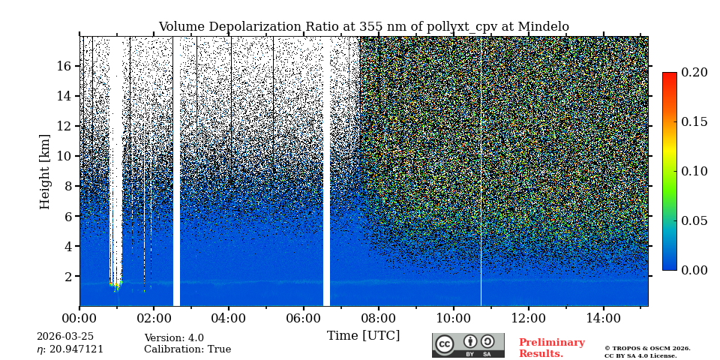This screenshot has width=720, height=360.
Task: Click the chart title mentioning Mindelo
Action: tap(364, 27)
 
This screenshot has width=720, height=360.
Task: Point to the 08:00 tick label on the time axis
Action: tap(378, 318)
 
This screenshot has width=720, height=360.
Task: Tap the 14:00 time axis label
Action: tap(603, 318)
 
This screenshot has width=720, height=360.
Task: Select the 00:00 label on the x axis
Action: tap(79, 318)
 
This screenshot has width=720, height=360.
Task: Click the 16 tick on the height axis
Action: tap(63, 66)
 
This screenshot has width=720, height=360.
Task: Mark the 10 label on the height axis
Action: tap(63, 156)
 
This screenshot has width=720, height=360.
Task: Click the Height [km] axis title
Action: tap(45, 171)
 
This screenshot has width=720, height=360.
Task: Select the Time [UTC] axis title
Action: tap(363, 335)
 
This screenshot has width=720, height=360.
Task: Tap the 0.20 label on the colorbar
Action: tap(694, 72)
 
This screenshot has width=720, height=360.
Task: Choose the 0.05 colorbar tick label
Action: tap(694, 220)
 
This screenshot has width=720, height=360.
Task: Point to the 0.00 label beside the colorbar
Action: tap(694, 270)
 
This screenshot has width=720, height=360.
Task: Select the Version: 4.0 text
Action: tap(174, 338)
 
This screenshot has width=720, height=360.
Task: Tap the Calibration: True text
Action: tap(187, 349)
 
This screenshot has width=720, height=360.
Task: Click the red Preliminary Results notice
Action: tap(551, 348)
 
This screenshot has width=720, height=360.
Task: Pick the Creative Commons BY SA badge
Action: tap(468, 345)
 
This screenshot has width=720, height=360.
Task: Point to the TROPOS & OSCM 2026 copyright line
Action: tap(647, 348)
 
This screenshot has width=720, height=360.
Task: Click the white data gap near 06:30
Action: tap(326, 171)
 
